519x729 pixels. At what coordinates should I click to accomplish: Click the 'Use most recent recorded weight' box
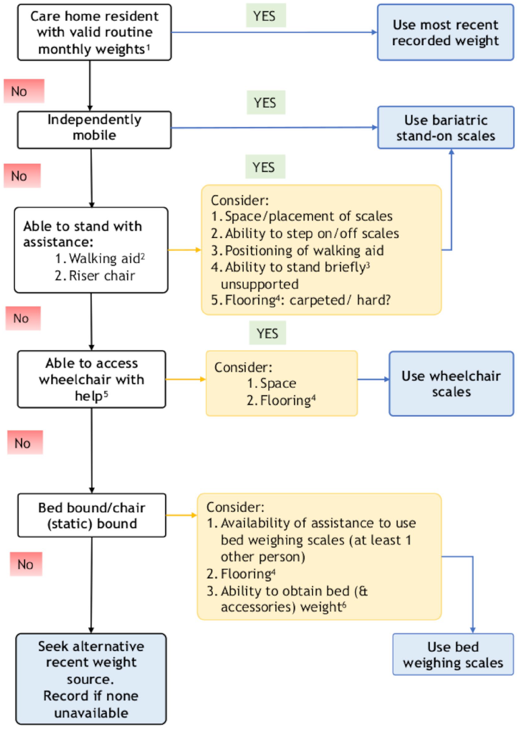pos(445,32)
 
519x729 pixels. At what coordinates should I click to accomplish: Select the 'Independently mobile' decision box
pos(94,130)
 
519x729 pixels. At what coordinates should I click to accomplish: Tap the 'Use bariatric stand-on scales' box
pos(446,127)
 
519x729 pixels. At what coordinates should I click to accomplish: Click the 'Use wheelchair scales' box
pos(451,383)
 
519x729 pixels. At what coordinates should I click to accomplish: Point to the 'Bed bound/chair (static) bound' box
pos(92,516)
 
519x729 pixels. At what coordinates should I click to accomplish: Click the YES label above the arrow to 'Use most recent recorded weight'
pos(266,15)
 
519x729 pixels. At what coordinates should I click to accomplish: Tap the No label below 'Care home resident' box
pos(24,91)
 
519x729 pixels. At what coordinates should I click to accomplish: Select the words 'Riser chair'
pos(102,276)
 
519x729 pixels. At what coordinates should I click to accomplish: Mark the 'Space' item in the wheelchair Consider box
pos(278,383)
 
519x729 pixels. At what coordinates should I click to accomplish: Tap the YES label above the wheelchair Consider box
pos(267,333)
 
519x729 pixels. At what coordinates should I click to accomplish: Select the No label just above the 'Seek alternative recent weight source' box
pos(26,564)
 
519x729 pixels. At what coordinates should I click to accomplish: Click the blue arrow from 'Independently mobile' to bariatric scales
pos(274,127)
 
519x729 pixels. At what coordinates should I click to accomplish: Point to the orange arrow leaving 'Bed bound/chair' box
pos(181,515)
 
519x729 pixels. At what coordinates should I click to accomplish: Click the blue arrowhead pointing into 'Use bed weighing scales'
pos(473,630)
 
